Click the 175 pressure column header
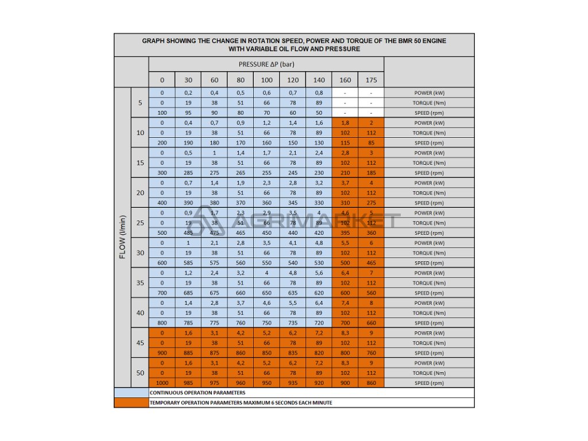click(371, 80)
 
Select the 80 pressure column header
click(241, 80)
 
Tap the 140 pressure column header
click(319, 80)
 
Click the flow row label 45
click(140, 343)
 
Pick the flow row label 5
click(140, 103)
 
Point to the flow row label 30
click(140, 253)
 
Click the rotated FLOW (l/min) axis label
click(122, 237)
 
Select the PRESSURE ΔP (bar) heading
click(266, 64)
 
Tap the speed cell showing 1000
click(162, 383)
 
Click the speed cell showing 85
click(371, 143)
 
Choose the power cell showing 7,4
click(345, 303)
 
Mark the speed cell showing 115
click(345, 143)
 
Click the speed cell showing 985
click(188, 383)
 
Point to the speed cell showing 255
click(267, 173)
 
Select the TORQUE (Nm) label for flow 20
click(429, 193)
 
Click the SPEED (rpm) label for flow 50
click(429, 383)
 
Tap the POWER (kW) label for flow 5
click(429, 92)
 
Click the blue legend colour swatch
click(131, 393)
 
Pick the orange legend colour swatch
click(131, 403)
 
